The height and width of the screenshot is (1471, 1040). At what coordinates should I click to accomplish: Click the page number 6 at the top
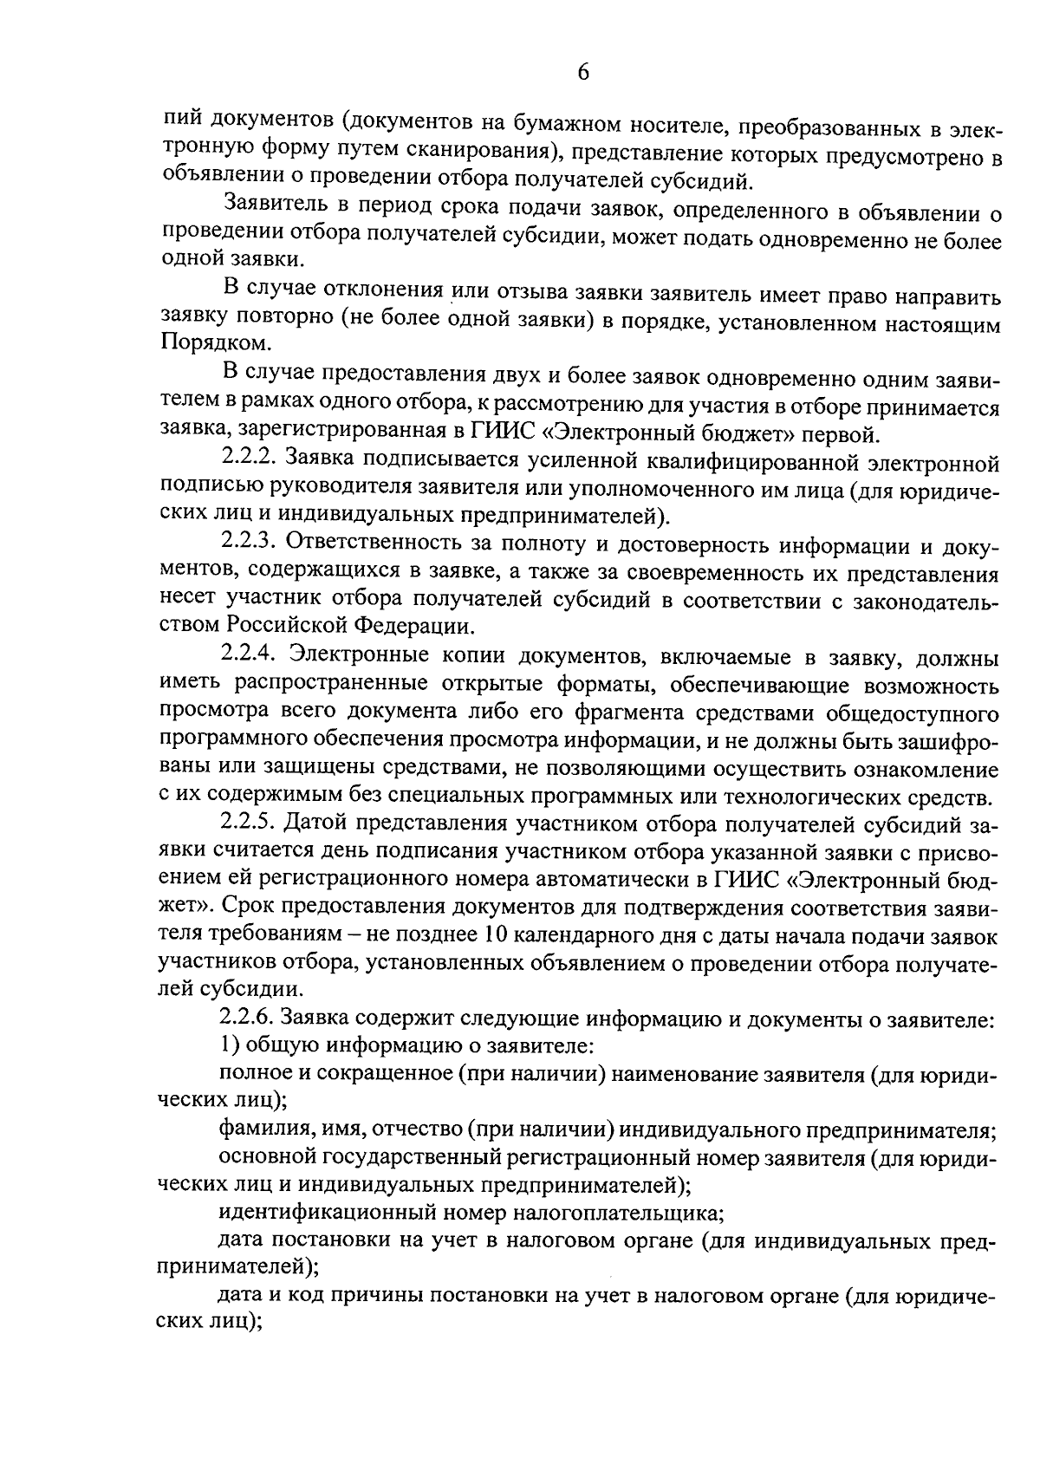[582, 73]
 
